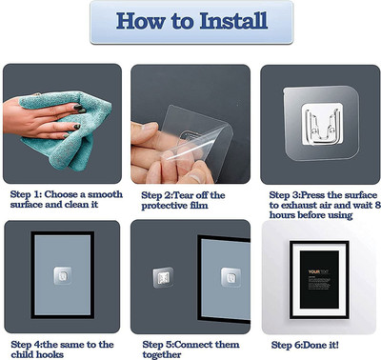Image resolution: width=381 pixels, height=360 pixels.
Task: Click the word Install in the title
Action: coord(233,21)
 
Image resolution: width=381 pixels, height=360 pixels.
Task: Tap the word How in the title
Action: coord(141,21)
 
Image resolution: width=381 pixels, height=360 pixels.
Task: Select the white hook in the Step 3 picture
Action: coord(322,125)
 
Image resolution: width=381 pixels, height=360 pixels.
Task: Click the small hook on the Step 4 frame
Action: coord(63,275)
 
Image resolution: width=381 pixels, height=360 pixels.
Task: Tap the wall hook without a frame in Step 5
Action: coord(163,278)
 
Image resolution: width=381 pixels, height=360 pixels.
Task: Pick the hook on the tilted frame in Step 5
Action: coord(231,277)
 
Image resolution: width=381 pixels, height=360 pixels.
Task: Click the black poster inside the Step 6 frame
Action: coord(319,279)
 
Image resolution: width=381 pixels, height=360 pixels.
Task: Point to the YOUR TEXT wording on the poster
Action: coord(318,271)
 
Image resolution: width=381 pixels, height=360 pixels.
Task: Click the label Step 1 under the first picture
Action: coord(27,194)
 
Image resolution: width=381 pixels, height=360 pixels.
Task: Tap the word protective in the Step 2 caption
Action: coord(163,206)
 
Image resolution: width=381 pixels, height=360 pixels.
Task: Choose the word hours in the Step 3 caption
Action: coord(281,215)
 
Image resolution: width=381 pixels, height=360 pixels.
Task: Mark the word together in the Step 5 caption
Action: coord(162,354)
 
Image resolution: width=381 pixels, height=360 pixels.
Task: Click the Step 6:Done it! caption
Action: coord(305,345)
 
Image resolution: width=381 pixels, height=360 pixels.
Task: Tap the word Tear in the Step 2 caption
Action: coord(184,195)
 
